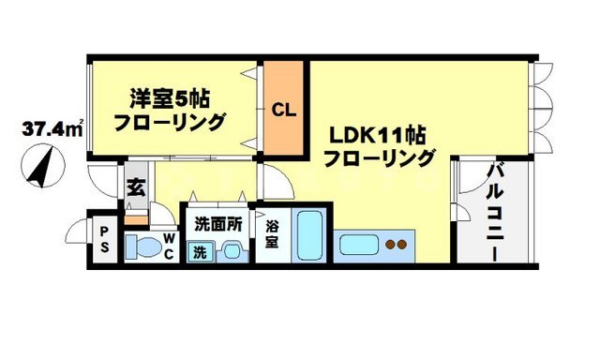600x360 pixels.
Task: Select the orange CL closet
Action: click(x=284, y=109)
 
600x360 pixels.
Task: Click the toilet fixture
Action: click(x=144, y=247)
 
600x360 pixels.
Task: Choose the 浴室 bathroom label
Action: click(x=271, y=234)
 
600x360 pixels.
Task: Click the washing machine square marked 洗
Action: click(x=200, y=251)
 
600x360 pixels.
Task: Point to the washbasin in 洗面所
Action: click(x=230, y=251)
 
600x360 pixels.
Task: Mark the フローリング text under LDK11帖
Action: click(x=379, y=157)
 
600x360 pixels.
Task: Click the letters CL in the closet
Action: click(x=284, y=109)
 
